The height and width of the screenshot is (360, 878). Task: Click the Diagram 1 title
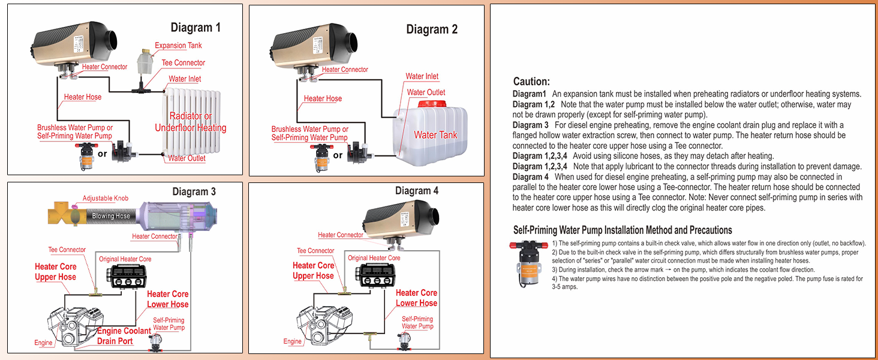pyautogui.click(x=196, y=27)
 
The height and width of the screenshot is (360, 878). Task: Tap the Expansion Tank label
pyautogui.click(x=178, y=46)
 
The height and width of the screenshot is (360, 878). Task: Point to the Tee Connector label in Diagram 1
pyautogui.click(x=184, y=63)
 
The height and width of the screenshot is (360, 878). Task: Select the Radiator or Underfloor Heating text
pyautogui.click(x=191, y=122)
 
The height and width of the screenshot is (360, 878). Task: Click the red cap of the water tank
pyautogui.click(x=433, y=104)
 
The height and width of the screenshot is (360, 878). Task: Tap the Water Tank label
pyautogui.click(x=435, y=135)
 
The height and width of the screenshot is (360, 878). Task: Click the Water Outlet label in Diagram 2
pyautogui.click(x=426, y=92)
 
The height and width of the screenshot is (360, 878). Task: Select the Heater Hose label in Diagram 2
pyautogui.click(x=323, y=98)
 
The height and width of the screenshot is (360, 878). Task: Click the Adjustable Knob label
pyautogui.click(x=105, y=199)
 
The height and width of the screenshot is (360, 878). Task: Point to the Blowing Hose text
pyautogui.click(x=110, y=216)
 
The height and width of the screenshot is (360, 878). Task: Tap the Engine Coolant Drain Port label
pyautogui.click(x=124, y=336)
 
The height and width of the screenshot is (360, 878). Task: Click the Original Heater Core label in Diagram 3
pyautogui.click(x=125, y=259)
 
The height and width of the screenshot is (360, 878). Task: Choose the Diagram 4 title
pyautogui.click(x=417, y=191)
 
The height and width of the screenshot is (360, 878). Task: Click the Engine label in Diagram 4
pyautogui.click(x=293, y=341)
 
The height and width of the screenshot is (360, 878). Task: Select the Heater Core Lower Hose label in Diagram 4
pyautogui.click(x=416, y=298)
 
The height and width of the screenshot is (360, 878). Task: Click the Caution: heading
pyautogui.click(x=531, y=82)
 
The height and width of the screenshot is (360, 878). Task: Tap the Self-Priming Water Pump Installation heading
pyautogui.click(x=623, y=230)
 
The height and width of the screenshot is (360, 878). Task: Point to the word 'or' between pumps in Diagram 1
pyautogui.click(x=103, y=154)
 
